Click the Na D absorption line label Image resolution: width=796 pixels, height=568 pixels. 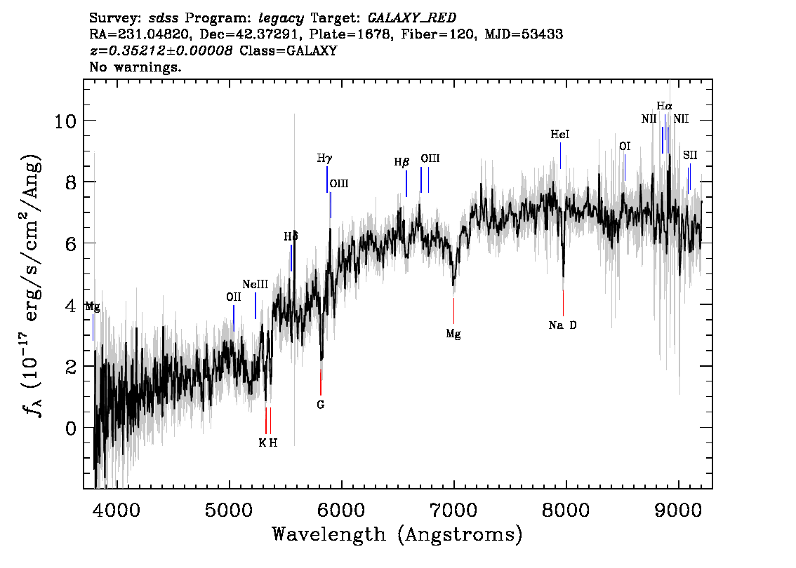pyautogui.click(x=563, y=325)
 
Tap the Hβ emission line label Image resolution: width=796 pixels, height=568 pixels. pyautogui.click(x=402, y=162)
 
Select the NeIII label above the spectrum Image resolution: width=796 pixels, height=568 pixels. pyautogui.click(x=256, y=284)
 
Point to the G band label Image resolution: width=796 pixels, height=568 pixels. pyautogui.click(x=321, y=405)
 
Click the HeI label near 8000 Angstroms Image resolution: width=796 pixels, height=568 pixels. pyautogui.click(x=560, y=134)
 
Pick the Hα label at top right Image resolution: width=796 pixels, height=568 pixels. pyautogui.click(x=664, y=106)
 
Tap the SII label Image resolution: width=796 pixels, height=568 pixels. pyautogui.click(x=691, y=154)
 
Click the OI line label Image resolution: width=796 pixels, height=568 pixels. pyautogui.click(x=625, y=146)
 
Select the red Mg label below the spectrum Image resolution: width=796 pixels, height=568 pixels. pyautogui.click(x=453, y=334)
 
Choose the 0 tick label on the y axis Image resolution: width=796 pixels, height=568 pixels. pyautogui.click(x=71, y=428)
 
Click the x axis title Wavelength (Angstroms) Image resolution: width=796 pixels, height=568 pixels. pyautogui.click(x=397, y=535)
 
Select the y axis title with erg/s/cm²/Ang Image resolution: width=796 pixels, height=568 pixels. pyautogui.click(x=31, y=284)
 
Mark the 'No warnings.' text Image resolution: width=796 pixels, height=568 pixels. pyautogui.click(x=135, y=68)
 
